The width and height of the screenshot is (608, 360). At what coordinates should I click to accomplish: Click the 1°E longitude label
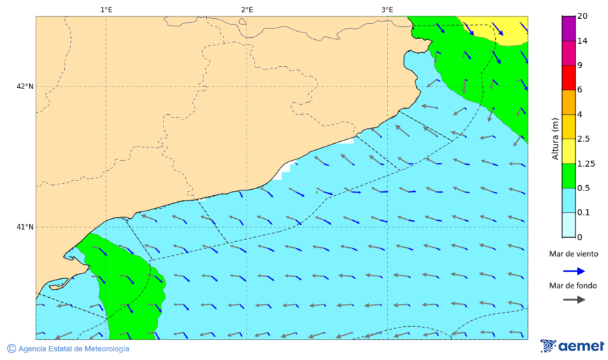point(106,9)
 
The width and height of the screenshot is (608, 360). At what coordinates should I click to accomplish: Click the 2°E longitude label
point(247,9)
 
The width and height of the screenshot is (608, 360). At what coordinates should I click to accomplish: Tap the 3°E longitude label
point(387,9)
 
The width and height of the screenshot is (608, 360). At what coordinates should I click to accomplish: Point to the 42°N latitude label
point(25,86)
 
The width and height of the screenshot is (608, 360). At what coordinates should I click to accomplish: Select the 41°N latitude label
point(25,227)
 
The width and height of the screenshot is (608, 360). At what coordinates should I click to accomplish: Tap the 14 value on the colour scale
point(582,41)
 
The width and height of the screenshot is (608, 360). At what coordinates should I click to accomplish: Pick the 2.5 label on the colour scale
point(584,139)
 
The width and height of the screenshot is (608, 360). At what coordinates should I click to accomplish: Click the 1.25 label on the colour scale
point(586,163)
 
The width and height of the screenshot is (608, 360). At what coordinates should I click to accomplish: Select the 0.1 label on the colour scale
point(584,213)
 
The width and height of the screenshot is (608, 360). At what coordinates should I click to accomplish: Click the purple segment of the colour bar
point(568,29)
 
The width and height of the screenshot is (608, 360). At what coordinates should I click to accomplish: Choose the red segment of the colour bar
point(568,78)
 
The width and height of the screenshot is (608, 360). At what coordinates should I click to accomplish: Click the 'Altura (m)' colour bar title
point(555,138)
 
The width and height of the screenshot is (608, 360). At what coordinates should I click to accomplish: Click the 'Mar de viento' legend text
point(573,254)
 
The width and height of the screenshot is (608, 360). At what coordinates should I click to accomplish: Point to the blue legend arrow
point(573,270)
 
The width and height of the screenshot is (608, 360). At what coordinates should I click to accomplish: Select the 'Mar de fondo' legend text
point(573,286)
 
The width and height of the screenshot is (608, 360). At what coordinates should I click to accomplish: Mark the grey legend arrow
point(573,300)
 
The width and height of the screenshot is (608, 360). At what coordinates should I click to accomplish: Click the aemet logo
point(572,346)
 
